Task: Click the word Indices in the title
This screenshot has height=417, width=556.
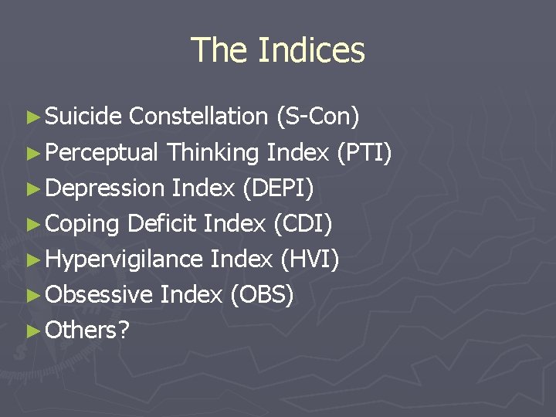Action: coord(311,50)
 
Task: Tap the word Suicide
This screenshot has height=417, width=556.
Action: coord(83,117)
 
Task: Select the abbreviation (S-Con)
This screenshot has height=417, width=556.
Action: coord(317,117)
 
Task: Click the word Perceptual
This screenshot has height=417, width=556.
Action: coord(102,153)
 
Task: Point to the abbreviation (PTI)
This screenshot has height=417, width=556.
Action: coord(364,153)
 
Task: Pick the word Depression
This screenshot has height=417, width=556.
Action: coord(105,188)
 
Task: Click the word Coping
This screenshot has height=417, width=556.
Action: coord(83,224)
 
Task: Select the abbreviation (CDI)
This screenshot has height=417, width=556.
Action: coord(303,224)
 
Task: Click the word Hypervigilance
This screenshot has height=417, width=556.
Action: coord(124,259)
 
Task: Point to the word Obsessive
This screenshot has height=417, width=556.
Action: coord(99,295)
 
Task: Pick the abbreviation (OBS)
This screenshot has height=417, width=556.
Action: coord(262,295)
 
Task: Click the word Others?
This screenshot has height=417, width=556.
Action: coord(87,331)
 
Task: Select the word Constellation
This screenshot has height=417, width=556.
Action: coord(198,117)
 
